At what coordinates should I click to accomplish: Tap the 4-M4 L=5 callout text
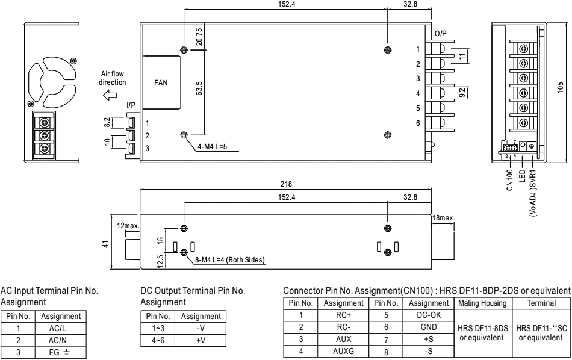tap(219, 146)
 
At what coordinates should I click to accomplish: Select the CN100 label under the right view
tap(508, 178)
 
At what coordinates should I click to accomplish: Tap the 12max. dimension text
tap(128, 225)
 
